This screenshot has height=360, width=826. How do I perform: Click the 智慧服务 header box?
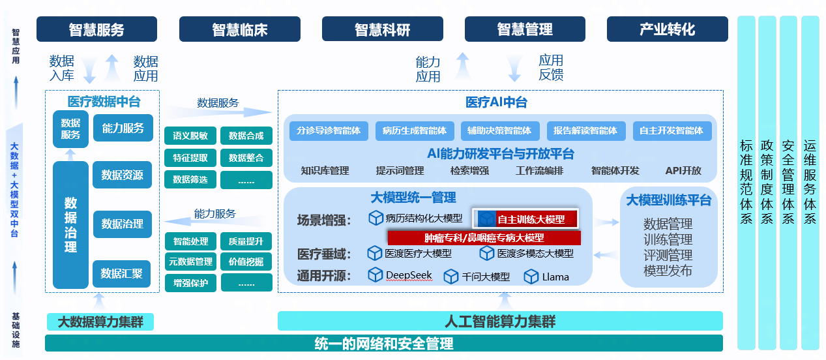96,29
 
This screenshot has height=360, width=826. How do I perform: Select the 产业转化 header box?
667,29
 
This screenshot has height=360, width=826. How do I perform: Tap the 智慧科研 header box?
382,29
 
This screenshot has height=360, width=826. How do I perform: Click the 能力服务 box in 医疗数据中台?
123,128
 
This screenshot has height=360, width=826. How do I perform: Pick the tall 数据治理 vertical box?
70,224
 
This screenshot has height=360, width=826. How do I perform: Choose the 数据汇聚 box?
122,274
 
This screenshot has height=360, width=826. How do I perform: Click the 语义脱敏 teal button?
190,136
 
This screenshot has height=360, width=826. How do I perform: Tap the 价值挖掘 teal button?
246,262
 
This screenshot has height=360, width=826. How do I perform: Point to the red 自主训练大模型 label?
531,219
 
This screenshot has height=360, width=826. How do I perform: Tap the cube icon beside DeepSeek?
375,275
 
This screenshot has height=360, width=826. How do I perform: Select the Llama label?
555,277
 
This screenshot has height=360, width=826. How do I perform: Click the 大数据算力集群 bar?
100,322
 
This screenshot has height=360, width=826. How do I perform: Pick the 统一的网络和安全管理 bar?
383,343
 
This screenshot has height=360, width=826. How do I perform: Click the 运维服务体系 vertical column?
810,183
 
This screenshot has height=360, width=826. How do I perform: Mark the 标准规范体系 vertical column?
746,183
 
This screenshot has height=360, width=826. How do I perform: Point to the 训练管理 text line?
668,239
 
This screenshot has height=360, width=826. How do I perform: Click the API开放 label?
683,170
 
